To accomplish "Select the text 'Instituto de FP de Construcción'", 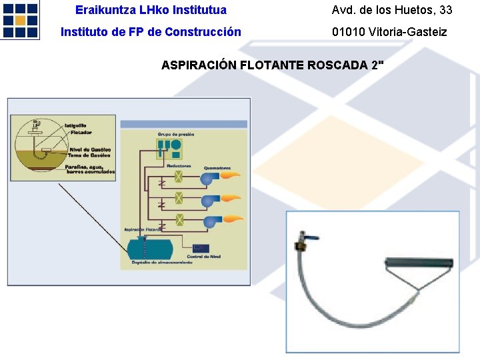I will click(x=151, y=31).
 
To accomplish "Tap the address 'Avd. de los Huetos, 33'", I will click(x=392, y=10).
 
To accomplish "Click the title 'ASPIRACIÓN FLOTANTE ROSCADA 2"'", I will click(x=273, y=65).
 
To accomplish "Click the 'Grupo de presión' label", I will click(x=176, y=134).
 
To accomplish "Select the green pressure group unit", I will click(x=170, y=148).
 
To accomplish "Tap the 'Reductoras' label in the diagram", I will click(x=179, y=166).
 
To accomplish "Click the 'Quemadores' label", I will click(x=217, y=167).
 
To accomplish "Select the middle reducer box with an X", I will click(x=179, y=198).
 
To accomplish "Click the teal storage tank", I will click(x=149, y=249).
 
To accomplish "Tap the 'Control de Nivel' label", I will click(x=203, y=257).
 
